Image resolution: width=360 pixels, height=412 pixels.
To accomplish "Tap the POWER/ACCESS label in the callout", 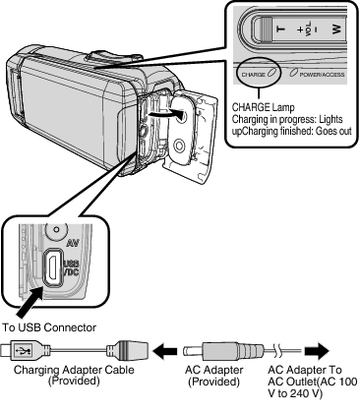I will (x=313, y=74).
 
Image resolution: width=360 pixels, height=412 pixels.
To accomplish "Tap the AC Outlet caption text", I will (x=312, y=385).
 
